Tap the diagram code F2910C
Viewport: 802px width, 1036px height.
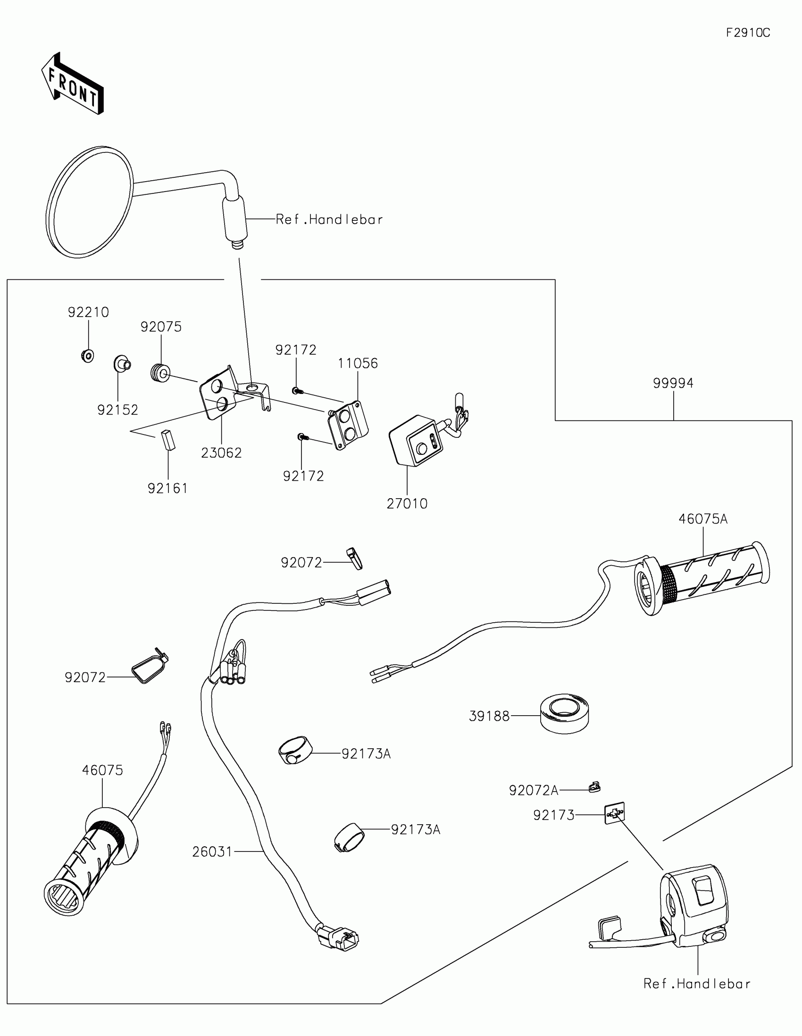tap(748, 33)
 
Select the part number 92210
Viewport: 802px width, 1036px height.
tap(88, 312)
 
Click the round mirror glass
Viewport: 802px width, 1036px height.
tap(90, 202)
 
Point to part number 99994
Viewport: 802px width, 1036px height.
tap(673, 383)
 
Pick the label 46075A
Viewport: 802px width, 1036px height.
tap(702, 519)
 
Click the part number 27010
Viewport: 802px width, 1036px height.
tap(407, 504)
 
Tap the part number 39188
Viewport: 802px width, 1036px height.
tap(489, 716)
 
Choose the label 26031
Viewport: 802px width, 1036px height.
tap(212, 852)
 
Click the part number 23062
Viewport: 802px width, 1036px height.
tap(221, 453)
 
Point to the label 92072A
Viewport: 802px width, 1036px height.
tap(534, 790)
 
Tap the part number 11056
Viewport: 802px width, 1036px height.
tap(358, 363)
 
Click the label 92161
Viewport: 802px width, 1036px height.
tap(167, 489)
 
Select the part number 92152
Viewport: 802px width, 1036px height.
tap(117, 410)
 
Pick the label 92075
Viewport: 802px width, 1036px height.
tap(161, 327)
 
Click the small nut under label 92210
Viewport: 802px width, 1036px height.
tap(87, 355)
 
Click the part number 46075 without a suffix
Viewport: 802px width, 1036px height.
tap(102, 770)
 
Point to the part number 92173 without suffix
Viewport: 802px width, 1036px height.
tap(553, 815)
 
